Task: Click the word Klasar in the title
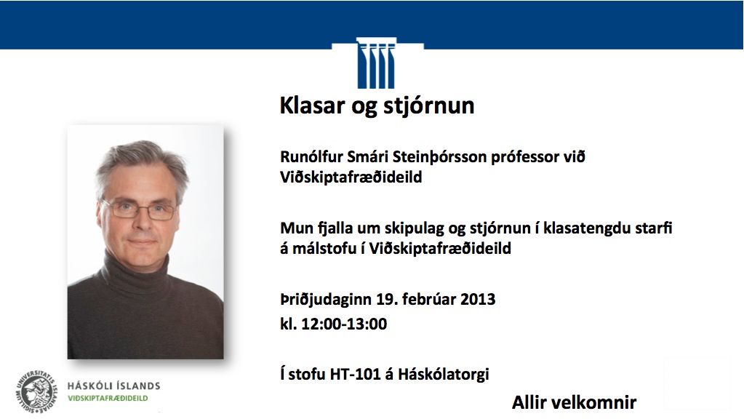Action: tap(312, 105)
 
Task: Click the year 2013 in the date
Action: tap(478, 300)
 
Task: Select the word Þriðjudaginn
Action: tap(326, 300)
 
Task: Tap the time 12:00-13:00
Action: tap(344, 324)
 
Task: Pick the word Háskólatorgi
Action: tap(443, 375)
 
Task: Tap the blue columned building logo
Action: tap(376, 63)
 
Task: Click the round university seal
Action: tap(36, 392)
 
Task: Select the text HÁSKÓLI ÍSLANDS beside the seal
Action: tap(114, 386)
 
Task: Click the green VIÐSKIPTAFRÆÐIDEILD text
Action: tap(108, 399)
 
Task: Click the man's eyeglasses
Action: tap(140, 209)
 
